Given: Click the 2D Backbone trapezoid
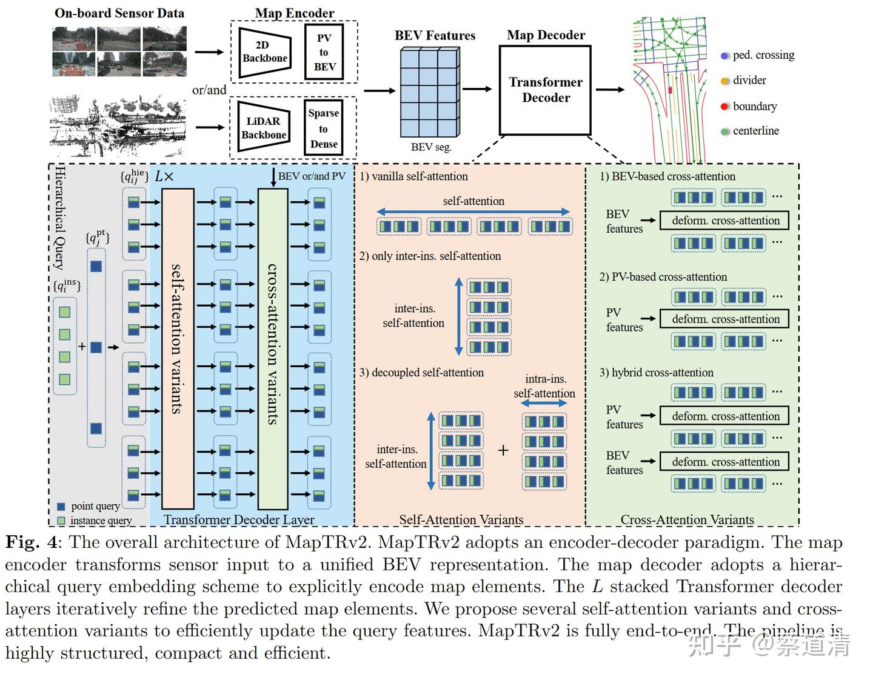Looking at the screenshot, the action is [x=264, y=52].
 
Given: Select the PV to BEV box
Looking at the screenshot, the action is [x=324, y=52].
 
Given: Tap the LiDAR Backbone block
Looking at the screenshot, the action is [x=264, y=127].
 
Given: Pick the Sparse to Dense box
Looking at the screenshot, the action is [x=323, y=128].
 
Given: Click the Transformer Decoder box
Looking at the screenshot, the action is [x=545, y=90].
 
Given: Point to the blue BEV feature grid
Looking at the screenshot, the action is [x=430, y=92].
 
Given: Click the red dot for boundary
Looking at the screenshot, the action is [x=724, y=107].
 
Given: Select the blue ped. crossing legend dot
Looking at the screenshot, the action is [x=724, y=56].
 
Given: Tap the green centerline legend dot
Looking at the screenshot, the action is [x=724, y=132].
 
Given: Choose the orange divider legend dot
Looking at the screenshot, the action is [x=724, y=81].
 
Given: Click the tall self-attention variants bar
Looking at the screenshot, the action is [x=178, y=348].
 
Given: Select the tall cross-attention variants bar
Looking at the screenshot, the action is [x=273, y=348].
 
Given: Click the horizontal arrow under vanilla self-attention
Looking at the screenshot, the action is [x=473, y=212].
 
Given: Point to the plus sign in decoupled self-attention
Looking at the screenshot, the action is [x=503, y=450].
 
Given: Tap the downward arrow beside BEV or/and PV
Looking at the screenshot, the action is [x=273, y=178].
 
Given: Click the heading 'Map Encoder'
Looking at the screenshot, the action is [x=295, y=13].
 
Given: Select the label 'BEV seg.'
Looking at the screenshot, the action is [x=431, y=147].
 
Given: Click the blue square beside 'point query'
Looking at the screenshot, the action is [x=61, y=507].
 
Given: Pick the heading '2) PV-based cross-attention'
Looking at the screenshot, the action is [x=663, y=277].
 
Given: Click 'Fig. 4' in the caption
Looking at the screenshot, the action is [x=32, y=542].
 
